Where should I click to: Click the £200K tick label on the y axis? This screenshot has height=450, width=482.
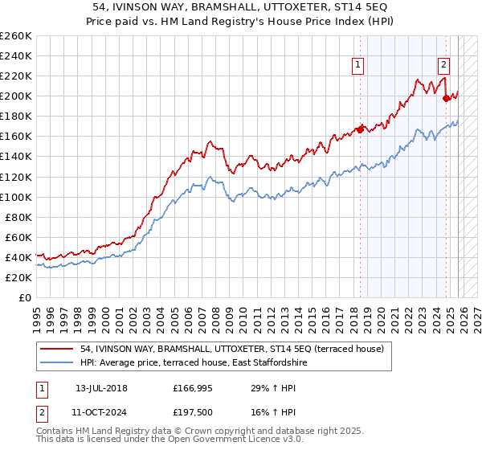[x=16, y=96]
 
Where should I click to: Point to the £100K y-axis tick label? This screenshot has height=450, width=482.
[x=16, y=197]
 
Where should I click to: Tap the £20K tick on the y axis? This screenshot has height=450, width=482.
[x=18, y=277]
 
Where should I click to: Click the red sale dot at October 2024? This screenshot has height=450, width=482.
[x=447, y=98]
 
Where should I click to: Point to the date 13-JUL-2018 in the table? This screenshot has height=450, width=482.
[x=101, y=388]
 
